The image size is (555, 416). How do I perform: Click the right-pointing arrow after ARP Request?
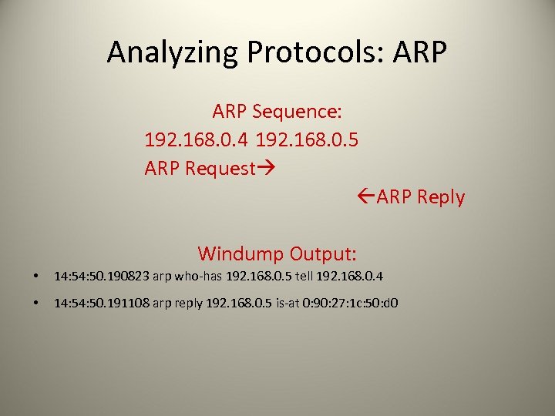266,169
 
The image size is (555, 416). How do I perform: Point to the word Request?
220,169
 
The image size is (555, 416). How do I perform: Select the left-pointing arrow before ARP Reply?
368,197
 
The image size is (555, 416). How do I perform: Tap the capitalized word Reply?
441,197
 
